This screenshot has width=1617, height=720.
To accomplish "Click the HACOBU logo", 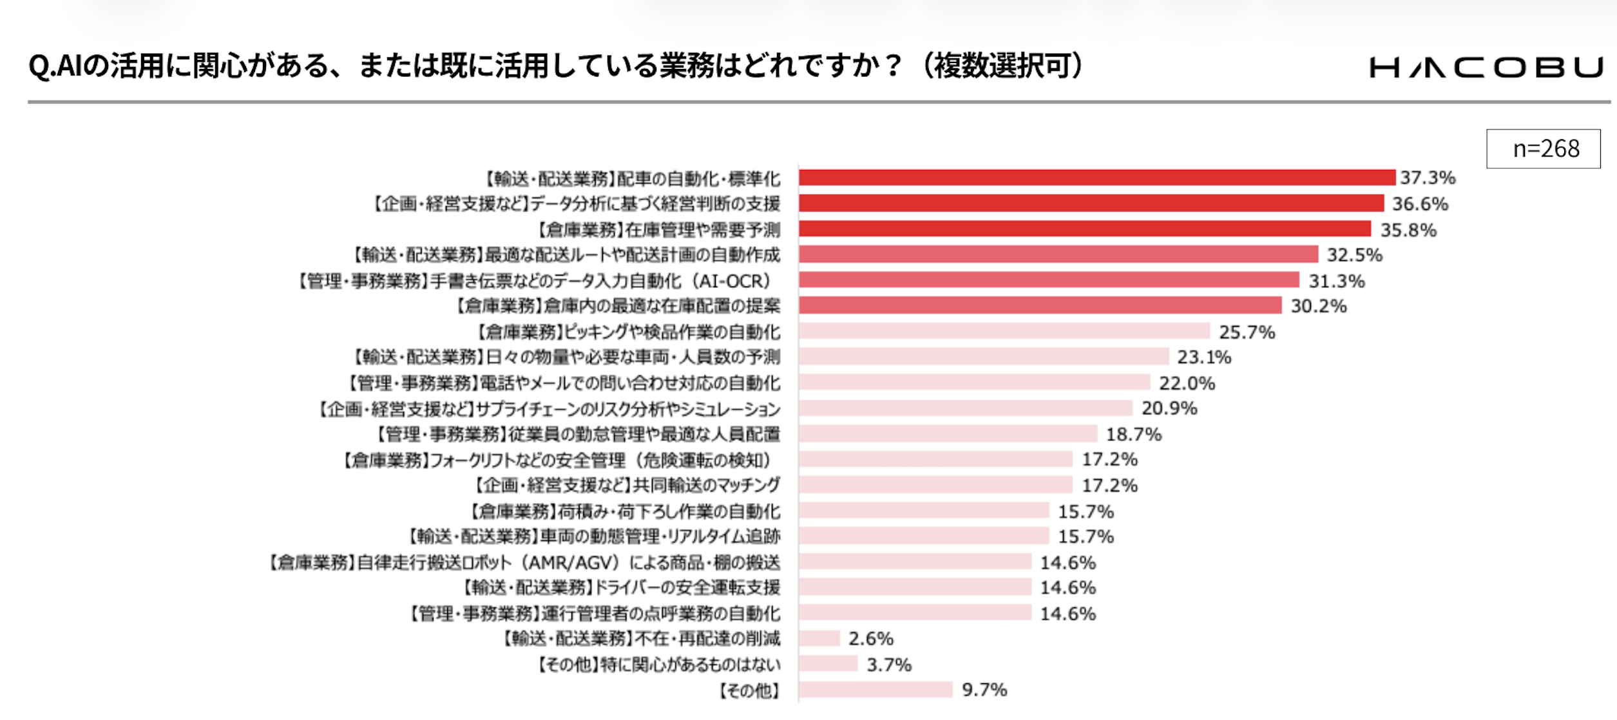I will click(1486, 67).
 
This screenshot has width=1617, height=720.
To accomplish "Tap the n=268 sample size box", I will click(1543, 149).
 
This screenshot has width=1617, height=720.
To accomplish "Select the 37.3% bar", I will click(1096, 177).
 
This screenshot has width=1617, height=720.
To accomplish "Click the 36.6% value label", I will click(1420, 204).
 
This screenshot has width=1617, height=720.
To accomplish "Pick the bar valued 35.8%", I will click(1085, 229).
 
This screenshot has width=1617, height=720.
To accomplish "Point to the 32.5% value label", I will click(1354, 255).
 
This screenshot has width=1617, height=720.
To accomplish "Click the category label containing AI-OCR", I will click(535, 281).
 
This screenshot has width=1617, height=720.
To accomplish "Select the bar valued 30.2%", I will click(1040, 305).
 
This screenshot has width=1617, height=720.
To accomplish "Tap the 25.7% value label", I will click(1247, 332).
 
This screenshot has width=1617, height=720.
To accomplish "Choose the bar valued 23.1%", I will click(984, 356).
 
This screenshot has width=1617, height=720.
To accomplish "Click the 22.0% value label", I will click(1187, 383).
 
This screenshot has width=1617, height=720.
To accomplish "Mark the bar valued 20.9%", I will click(966, 408).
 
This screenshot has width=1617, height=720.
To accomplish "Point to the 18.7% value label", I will click(1134, 434).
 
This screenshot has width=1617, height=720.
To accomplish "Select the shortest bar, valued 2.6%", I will click(819, 638).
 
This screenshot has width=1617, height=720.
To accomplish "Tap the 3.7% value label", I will click(888, 664).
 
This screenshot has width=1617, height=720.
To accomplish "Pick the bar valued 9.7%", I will click(875, 690).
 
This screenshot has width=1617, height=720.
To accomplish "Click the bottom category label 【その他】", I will click(749, 690).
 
